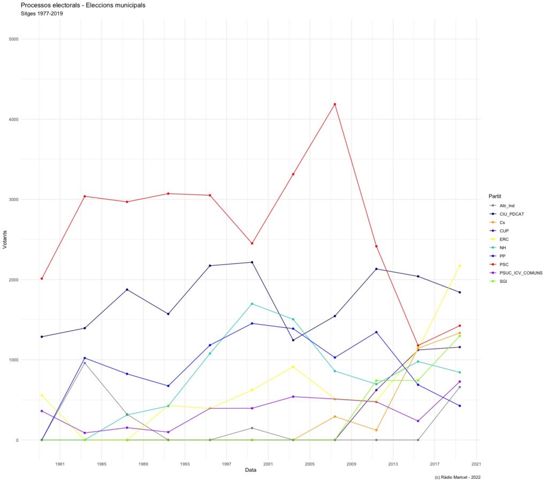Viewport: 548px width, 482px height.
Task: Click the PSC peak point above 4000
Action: (335, 104)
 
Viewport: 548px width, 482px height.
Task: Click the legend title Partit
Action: (494, 195)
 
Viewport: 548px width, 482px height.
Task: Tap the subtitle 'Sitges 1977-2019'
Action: (42, 13)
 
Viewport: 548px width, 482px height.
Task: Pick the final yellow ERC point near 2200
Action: (460, 265)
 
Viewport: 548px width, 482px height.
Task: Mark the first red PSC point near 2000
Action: (42, 278)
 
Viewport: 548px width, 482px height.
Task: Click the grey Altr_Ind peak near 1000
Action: (85, 363)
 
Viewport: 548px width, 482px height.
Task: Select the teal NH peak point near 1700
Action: (252, 304)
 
